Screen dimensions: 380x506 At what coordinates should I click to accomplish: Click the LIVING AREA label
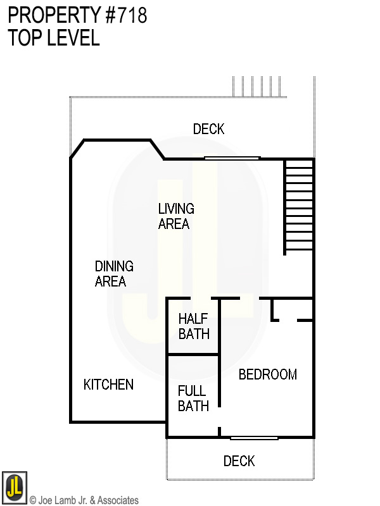(x=176, y=216)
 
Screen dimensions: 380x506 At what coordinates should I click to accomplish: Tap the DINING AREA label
(x=114, y=274)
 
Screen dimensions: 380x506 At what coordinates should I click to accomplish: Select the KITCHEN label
(x=108, y=385)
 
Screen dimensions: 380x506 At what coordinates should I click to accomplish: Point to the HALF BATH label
(x=194, y=326)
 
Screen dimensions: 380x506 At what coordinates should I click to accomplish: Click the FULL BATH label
(x=193, y=398)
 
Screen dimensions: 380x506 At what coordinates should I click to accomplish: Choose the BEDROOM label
(x=268, y=374)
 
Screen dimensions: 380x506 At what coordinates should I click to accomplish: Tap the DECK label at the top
(x=209, y=129)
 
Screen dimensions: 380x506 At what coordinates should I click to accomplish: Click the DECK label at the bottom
(x=239, y=461)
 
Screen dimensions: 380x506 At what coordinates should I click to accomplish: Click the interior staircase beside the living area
(x=299, y=207)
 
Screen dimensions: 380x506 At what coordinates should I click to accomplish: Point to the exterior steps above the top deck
(x=257, y=87)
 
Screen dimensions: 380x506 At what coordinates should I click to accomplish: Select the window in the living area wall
(x=232, y=158)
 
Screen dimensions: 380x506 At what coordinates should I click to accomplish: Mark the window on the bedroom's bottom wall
(x=255, y=438)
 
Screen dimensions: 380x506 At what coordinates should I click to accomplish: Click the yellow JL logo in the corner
(x=14, y=487)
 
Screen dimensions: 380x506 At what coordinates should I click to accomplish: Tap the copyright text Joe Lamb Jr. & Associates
(x=84, y=500)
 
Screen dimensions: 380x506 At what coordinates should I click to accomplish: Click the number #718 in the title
(x=126, y=15)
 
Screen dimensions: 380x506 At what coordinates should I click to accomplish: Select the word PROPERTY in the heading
(x=54, y=15)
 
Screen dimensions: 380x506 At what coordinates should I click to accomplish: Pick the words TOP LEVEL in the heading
(x=54, y=37)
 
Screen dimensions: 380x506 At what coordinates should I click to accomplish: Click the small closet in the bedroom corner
(x=292, y=310)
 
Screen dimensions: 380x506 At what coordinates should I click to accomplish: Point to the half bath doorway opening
(x=201, y=298)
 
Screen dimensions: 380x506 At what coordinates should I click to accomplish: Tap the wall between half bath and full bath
(x=193, y=354)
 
